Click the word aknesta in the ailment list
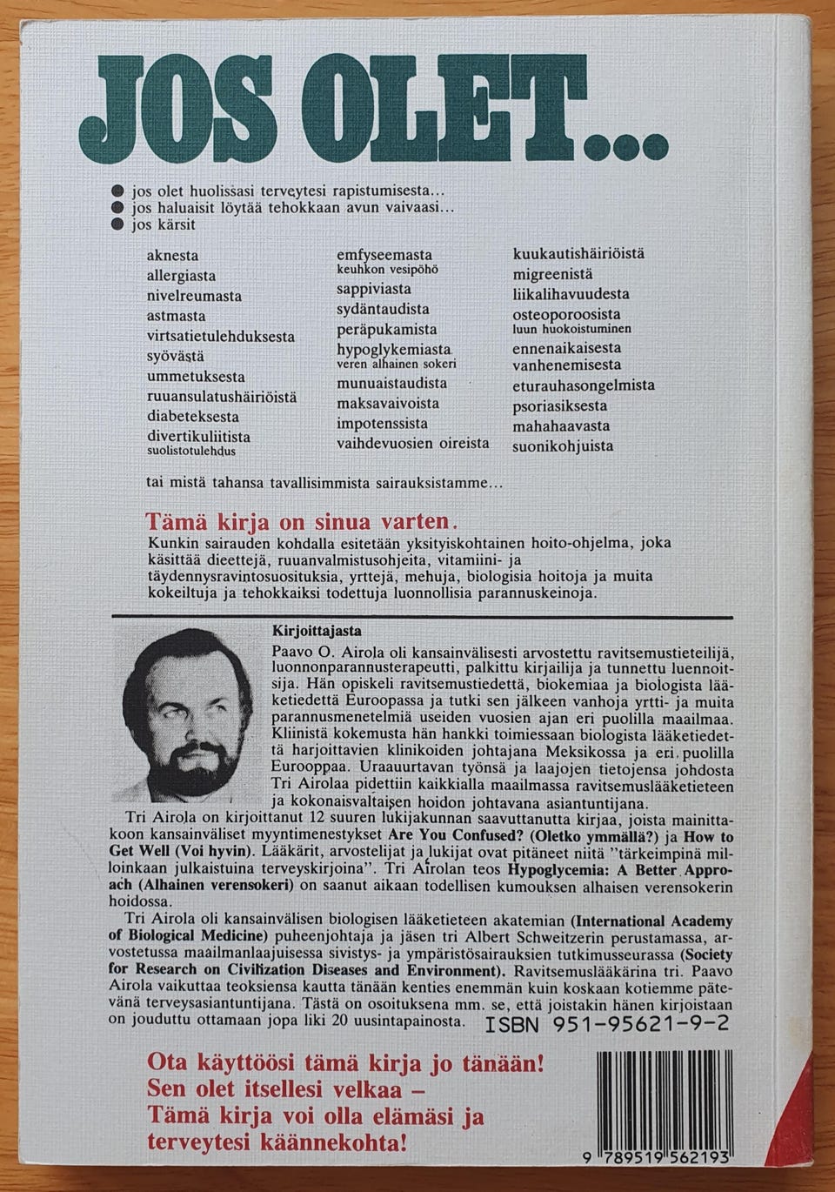[172, 256]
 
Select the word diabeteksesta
[193, 417]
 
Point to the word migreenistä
[553, 275]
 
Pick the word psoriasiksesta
[559, 405]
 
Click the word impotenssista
[382, 424]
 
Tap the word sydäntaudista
[383, 310]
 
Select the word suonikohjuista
[562, 446]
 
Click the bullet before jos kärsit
[119, 224]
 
